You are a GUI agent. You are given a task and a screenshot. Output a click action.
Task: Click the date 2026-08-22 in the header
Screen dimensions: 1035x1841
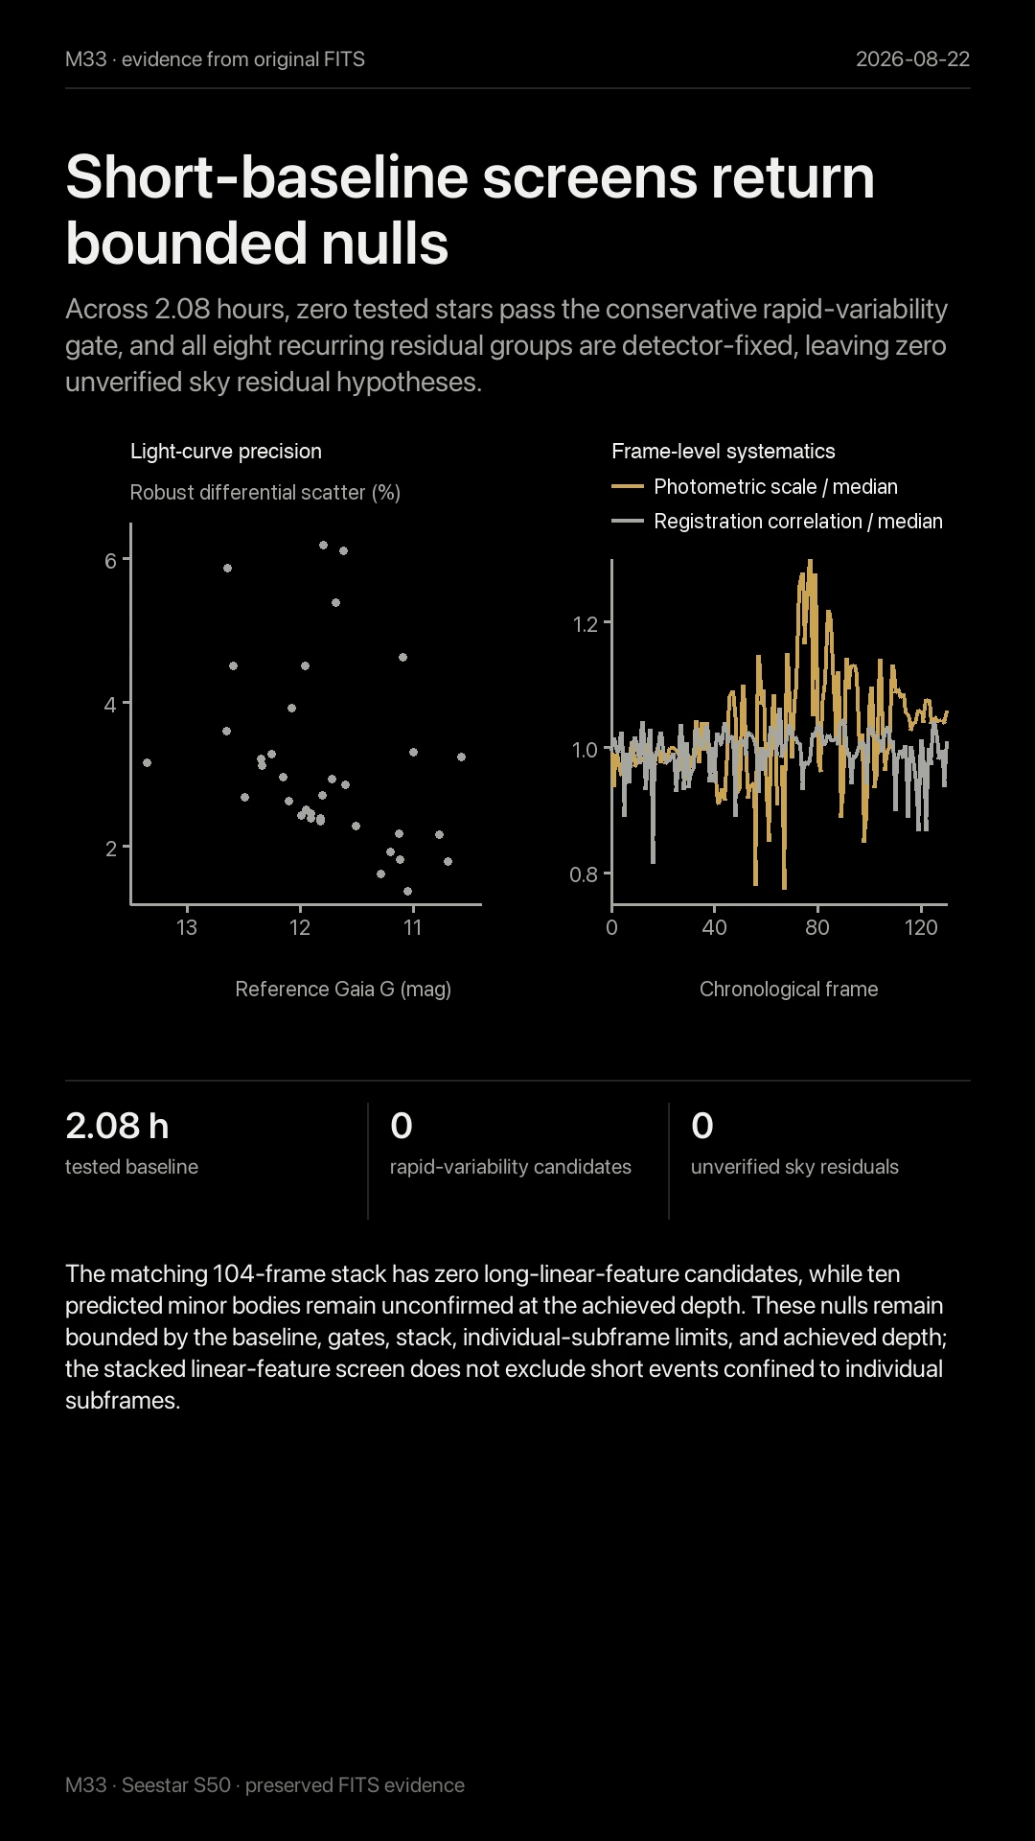(912, 59)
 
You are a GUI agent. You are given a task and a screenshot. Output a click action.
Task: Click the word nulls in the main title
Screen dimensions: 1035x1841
(384, 244)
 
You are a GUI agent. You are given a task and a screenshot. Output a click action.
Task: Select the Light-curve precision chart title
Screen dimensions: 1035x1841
(226, 452)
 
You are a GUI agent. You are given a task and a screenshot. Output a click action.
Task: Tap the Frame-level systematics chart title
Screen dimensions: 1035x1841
(724, 452)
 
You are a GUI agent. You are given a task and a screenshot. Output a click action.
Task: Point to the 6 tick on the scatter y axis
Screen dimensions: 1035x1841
(110, 561)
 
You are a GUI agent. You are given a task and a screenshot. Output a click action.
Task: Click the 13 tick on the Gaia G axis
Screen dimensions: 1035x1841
(187, 927)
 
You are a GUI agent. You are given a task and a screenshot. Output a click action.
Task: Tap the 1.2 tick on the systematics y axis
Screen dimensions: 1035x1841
(585, 624)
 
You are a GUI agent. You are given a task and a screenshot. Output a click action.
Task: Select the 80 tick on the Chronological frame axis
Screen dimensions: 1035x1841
(817, 927)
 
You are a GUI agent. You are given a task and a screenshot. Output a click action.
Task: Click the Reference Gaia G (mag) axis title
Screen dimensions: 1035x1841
(343, 990)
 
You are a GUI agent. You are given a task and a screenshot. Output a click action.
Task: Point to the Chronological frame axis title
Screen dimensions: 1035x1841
(789, 990)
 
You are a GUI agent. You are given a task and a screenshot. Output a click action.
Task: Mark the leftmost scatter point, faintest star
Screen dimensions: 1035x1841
(147, 763)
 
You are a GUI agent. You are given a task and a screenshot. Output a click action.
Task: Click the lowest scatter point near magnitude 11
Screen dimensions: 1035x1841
(407, 891)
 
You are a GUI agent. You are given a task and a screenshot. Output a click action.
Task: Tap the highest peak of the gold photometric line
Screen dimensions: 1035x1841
(811, 562)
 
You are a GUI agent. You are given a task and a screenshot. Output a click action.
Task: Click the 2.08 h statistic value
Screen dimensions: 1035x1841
(117, 1126)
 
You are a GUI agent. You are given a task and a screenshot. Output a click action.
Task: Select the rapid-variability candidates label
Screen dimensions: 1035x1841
(511, 1167)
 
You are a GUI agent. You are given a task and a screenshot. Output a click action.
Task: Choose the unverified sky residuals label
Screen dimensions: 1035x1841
(794, 1167)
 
